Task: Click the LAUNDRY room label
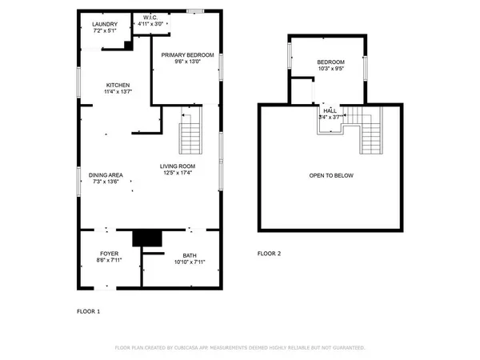104,25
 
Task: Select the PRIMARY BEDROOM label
187,54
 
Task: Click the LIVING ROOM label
179,166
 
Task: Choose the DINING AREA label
106,174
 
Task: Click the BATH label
189,255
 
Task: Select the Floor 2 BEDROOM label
330,62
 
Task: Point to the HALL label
330,110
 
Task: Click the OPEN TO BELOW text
331,175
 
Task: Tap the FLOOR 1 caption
88,310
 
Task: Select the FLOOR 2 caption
269,254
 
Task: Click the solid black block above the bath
146,238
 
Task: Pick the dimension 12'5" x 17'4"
179,173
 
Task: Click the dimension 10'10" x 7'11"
189,262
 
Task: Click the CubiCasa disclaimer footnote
240,348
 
